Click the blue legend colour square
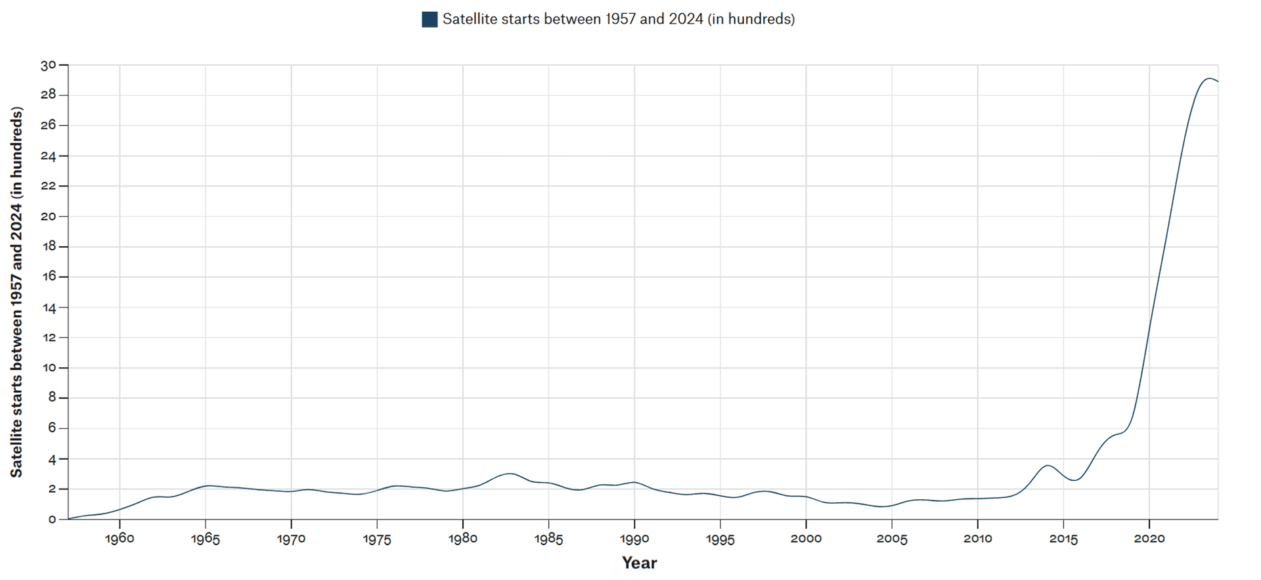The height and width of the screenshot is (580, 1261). [x=430, y=19]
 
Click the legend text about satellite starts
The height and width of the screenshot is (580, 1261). [x=618, y=19]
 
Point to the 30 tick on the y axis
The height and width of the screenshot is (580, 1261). [x=49, y=65]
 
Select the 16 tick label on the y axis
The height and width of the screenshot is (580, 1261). [x=49, y=277]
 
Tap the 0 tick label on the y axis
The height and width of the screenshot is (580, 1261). [x=52, y=520]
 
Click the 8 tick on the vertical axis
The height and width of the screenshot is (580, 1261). [x=52, y=398]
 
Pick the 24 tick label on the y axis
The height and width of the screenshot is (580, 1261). [x=49, y=156]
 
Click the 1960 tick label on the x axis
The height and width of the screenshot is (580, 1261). [x=120, y=539]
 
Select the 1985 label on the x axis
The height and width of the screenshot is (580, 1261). [x=548, y=539]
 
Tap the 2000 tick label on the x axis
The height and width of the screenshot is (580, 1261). [x=806, y=539]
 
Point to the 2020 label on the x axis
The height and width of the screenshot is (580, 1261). [x=1149, y=539]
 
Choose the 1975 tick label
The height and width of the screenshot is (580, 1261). [x=377, y=539]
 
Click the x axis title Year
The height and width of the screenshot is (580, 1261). [x=639, y=563]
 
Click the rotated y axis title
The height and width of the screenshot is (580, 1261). [x=16, y=292]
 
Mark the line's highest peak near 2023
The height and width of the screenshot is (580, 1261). [x=1208, y=78]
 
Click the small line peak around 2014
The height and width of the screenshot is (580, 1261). [x=1048, y=465]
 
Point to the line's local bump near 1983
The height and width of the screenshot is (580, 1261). [x=509, y=473]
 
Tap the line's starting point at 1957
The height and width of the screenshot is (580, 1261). [x=68, y=519]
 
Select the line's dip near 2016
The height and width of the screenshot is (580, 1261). [x=1074, y=480]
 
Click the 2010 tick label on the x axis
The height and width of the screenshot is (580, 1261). [x=977, y=539]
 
